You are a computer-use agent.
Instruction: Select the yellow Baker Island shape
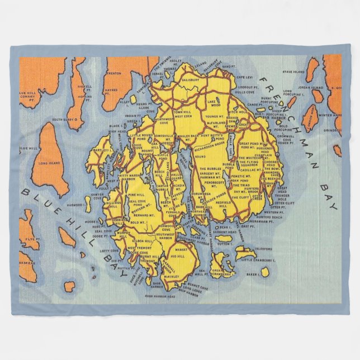tap(264, 272)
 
